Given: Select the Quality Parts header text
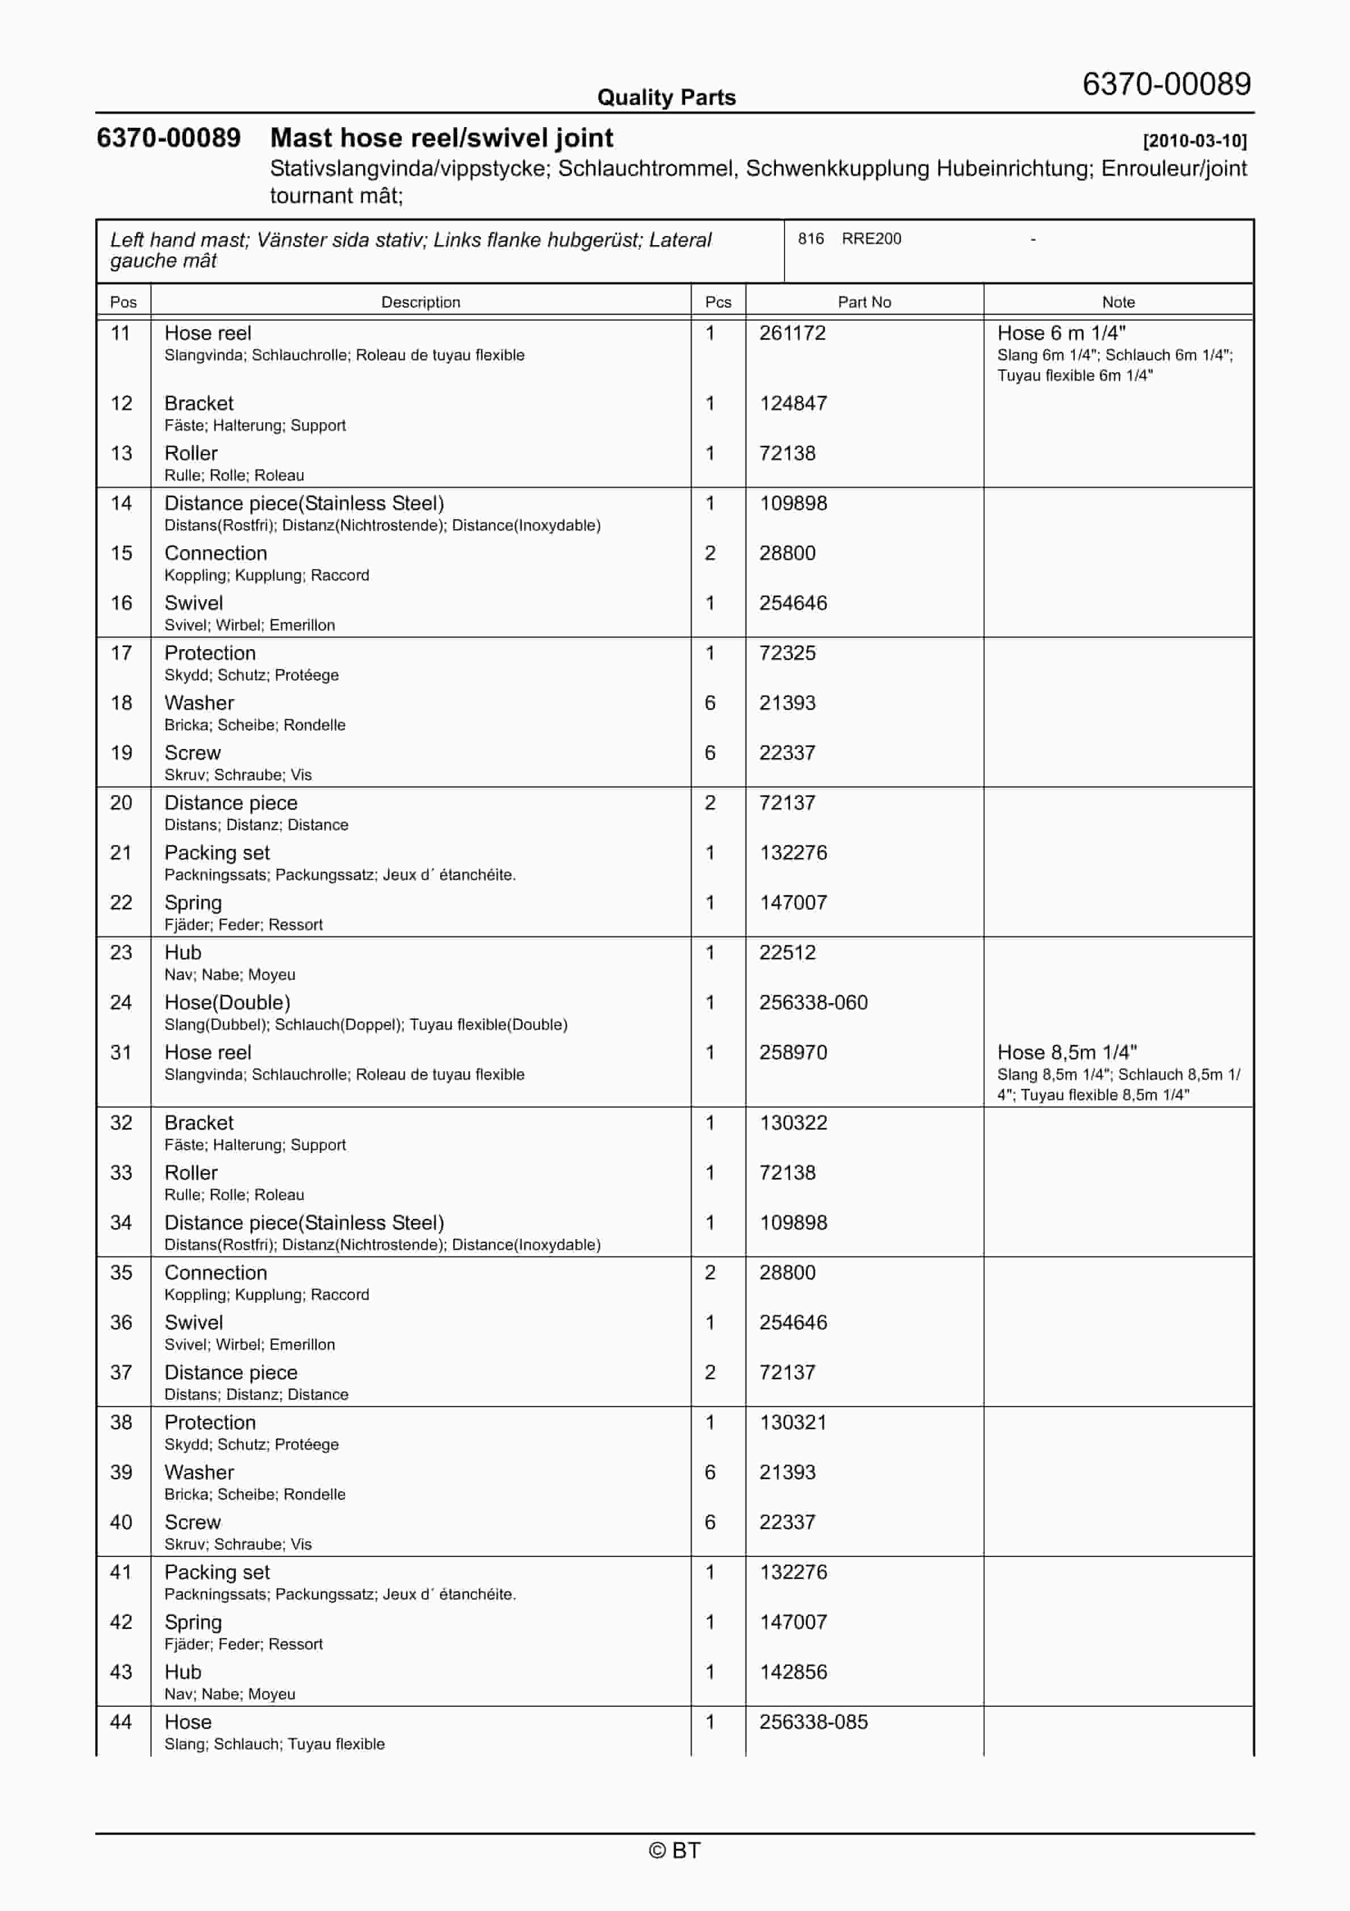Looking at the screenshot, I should coord(666,98).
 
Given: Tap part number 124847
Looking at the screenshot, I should coord(792,403).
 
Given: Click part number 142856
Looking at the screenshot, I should coord(792,1672).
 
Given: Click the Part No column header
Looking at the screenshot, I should coord(864,302).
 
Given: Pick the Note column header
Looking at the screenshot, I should coord(1118,302).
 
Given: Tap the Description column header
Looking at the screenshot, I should coord(420,302).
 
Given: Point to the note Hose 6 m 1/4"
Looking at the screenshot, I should coord(1061,333).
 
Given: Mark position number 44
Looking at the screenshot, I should coord(121,1721).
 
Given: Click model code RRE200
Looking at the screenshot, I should coord(871,239).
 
